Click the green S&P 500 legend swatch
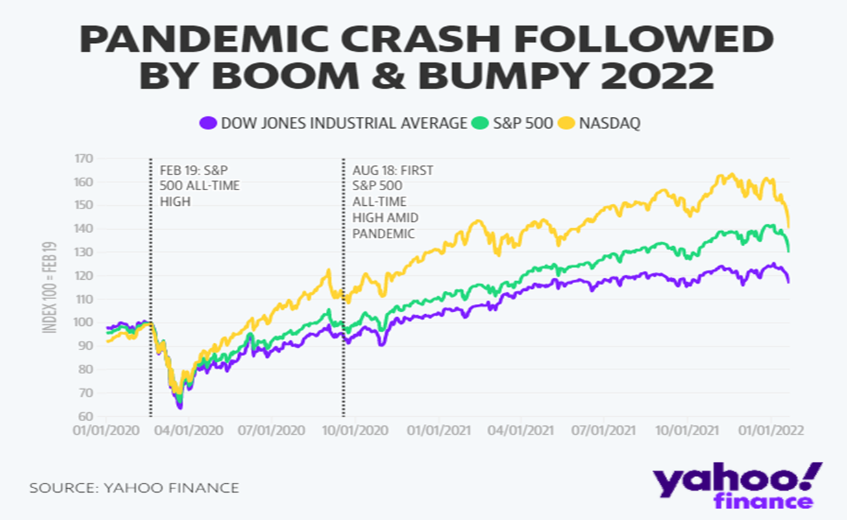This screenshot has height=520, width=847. tap(481, 123)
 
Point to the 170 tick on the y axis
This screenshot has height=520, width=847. tap(84, 158)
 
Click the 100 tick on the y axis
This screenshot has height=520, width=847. tap(84, 323)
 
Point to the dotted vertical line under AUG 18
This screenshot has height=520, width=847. tap(343, 325)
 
